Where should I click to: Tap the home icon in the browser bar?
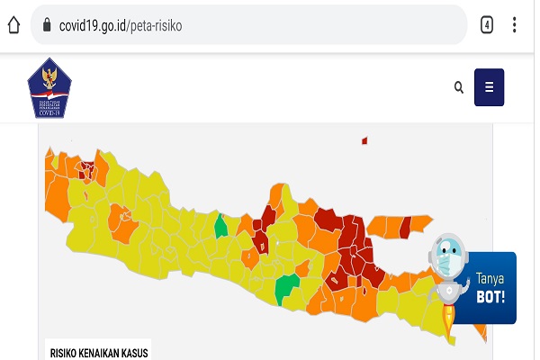point(13,25)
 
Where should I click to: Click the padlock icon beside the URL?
point(45,25)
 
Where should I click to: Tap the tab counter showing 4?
point(487,25)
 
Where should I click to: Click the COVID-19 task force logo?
point(47,88)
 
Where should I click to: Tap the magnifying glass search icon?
point(459,87)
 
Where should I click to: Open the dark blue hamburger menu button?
point(489,87)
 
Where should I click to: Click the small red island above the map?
point(364,140)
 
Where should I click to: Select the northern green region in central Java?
point(220,225)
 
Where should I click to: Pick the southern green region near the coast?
point(286,288)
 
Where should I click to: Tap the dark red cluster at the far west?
point(86,167)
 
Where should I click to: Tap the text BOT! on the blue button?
point(491,295)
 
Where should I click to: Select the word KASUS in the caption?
point(134,353)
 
